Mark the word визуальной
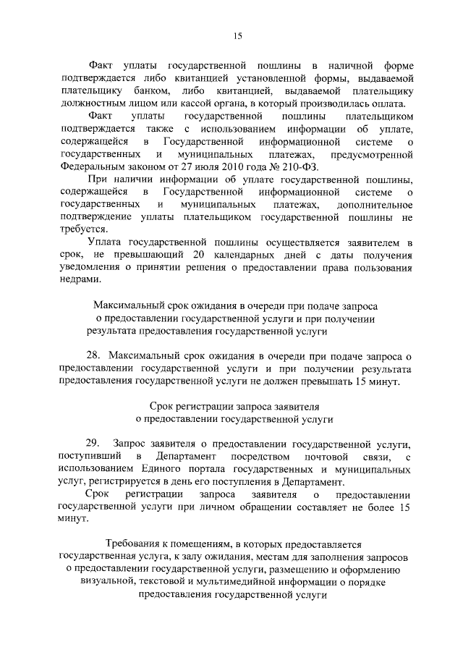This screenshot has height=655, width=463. pos(116,583)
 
